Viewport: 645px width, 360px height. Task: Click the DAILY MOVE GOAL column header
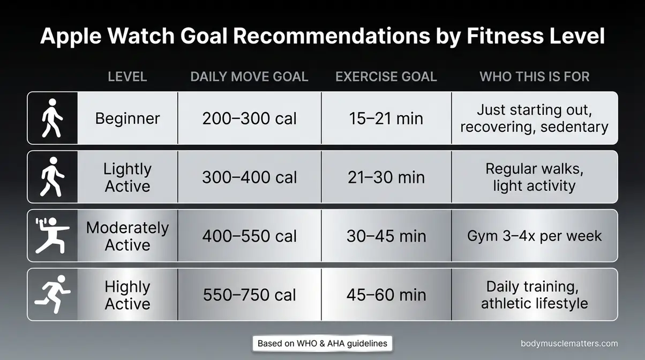(249, 77)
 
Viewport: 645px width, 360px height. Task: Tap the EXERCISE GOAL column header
(386, 77)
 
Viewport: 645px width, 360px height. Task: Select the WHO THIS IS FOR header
(534, 77)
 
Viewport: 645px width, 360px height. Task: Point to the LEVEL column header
(127, 77)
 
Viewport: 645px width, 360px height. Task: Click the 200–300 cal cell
(249, 118)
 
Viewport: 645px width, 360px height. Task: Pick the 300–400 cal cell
(249, 177)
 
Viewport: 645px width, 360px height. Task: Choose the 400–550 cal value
(249, 236)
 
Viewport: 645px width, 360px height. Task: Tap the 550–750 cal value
(249, 295)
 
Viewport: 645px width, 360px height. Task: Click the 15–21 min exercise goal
(386, 118)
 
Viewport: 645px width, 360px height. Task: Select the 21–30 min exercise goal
(386, 177)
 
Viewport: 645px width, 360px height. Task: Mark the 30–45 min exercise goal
(386, 236)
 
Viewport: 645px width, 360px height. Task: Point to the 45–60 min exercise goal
(386, 295)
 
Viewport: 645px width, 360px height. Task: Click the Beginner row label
(127, 118)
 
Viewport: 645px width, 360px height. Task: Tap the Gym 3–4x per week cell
(534, 236)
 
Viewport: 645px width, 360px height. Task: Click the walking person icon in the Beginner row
(52, 118)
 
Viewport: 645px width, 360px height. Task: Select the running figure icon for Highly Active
(52, 294)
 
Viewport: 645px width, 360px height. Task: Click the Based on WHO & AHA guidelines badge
(322, 343)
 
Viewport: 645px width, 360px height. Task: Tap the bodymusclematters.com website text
(569, 343)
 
